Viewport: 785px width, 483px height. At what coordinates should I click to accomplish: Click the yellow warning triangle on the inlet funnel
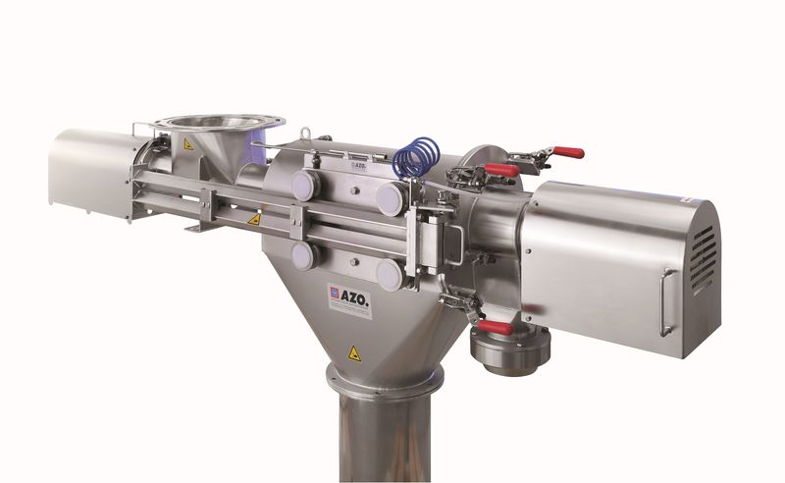coord(187,144)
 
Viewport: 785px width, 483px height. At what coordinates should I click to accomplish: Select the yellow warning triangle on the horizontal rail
coord(254,220)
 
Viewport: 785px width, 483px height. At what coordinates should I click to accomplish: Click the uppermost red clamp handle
coord(566,152)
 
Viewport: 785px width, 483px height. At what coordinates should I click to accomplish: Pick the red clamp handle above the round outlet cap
coord(497,327)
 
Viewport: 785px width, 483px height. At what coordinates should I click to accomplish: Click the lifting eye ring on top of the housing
coord(305,133)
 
